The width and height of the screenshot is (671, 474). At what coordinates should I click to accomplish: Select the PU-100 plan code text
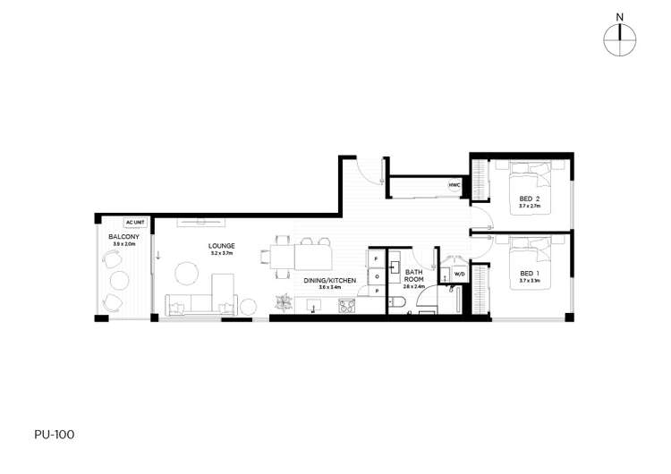(x=55, y=435)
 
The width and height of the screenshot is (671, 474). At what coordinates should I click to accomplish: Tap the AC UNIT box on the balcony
(x=135, y=222)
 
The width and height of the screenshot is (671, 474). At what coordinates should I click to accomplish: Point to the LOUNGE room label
(x=221, y=245)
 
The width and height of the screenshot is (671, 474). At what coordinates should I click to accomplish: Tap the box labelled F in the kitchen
(x=376, y=259)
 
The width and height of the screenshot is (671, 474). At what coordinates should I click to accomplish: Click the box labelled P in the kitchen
(x=376, y=291)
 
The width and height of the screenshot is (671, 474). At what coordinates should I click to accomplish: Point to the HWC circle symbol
(x=454, y=186)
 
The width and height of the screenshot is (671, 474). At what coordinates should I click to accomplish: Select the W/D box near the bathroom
(x=459, y=274)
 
